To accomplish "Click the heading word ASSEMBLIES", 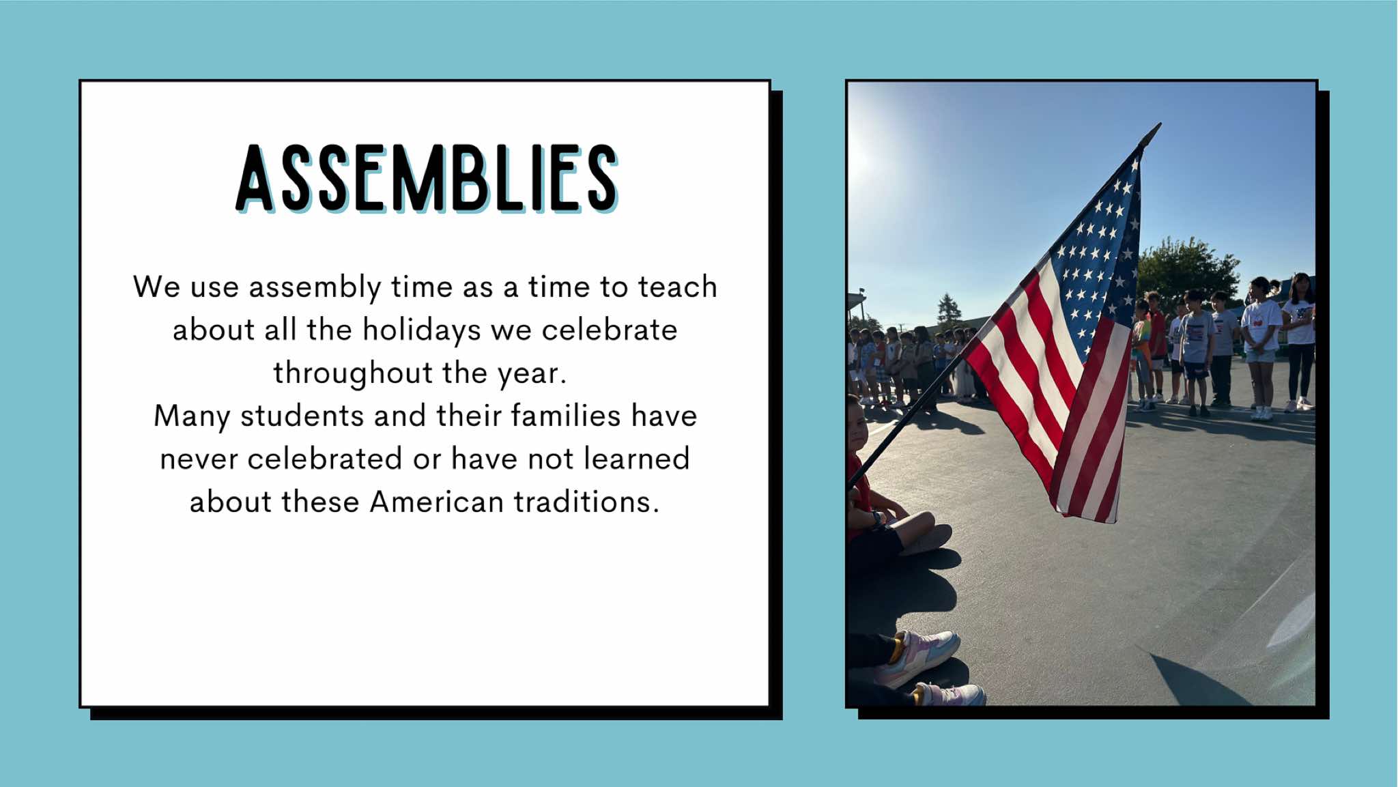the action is (x=427, y=178).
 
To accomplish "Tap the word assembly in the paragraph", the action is (x=315, y=287).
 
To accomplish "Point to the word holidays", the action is (x=422, y=330).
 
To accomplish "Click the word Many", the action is (x=192, y=416).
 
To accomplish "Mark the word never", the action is (x=199, y=459).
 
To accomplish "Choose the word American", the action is (x=437, y=502).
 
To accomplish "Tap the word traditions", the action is (x=586, y=502).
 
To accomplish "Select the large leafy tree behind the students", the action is (x=1188, y=267).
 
